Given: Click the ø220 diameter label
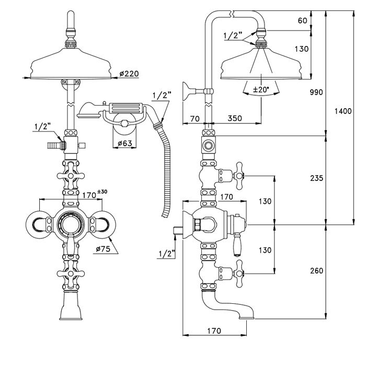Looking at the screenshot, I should click(x=129, y=74).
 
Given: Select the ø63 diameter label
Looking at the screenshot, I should click(x=124, y=143).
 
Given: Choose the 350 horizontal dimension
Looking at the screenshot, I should click(x=235, y=119).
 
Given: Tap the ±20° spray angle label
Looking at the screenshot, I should click(x=260, y=90).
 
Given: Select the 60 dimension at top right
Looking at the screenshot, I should click(x=302, y=21).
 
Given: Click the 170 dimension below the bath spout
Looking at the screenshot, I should click(x=213, y=330).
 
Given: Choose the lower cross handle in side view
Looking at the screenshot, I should click(x=238, y=271).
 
